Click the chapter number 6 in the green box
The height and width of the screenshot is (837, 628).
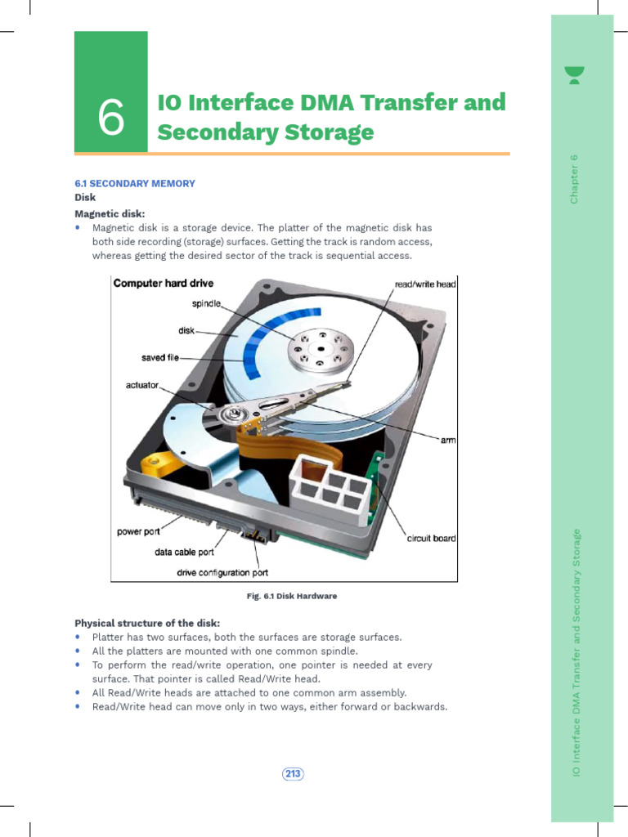[111, 120]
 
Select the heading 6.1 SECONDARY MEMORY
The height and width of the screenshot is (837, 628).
[135, 183]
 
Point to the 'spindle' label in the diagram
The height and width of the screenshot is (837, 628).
[207, 303]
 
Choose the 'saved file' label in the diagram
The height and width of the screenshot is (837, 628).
[160, 357]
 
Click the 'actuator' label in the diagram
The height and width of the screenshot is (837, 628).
[142, 384]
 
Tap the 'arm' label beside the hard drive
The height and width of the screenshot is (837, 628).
[448, 440]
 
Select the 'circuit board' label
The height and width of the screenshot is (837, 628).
[431, 538]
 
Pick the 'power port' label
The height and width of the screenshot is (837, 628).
[138, 531]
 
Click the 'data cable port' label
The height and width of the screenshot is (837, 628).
[184, 552]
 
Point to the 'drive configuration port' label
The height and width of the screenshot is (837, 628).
[222, 572]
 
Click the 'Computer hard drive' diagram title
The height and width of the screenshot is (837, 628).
[164, 284]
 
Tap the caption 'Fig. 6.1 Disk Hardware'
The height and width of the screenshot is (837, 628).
[292, 596]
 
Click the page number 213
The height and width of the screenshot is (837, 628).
[293, 773]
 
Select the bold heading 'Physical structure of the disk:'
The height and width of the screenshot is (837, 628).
[147, 623]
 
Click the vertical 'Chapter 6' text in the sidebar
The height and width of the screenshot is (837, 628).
[574, 178]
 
